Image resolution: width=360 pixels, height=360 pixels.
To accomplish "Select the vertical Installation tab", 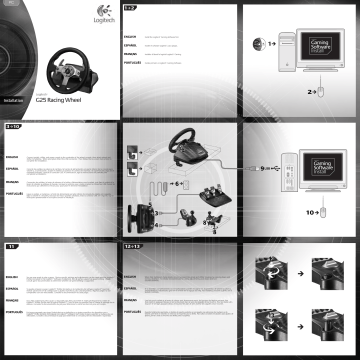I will coord(11,100).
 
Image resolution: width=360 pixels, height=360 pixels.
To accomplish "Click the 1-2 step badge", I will coord(130,8).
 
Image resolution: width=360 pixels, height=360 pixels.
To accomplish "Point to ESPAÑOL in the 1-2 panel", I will coord(132,45).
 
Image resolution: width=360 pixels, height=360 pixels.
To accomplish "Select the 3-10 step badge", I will coord(13,128).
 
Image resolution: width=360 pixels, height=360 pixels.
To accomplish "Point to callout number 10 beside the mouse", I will coord(311,212).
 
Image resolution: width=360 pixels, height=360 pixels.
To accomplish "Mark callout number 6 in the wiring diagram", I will coord(175,185).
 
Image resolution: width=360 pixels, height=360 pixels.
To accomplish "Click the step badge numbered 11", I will coord(11,245).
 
